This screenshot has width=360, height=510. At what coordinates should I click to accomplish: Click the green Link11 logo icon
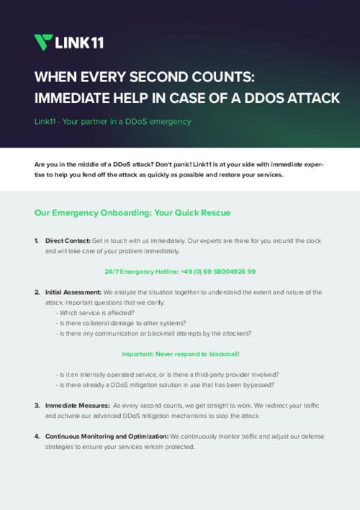pyautogui.click(x=43, y=42)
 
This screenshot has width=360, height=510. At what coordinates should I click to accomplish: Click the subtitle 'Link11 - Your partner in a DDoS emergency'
pyautogui.click(x=112, y=122)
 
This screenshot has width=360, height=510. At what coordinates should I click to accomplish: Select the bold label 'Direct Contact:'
pyautogui.click(x=68, y=240)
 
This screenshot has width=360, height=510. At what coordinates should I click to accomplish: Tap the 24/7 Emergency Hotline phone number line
pyautogui.click(x=180, y=272)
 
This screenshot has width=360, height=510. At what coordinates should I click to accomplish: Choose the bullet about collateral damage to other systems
pyautogui.click(x=121, y=323)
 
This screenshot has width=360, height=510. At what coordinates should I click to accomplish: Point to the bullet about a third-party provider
pyautogui.click(x=167, y=374)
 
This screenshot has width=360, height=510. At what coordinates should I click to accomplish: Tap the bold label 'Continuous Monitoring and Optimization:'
pyautogui.click(x=107, y=437)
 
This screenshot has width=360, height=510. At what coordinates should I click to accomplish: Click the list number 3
pyautogui.click(x=37, y=406)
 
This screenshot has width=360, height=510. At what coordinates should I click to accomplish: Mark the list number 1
pyautogui.click(x=37, y=240)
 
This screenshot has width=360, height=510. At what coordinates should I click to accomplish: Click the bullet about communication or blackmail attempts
pyautogui.click(x=153, y=334)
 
